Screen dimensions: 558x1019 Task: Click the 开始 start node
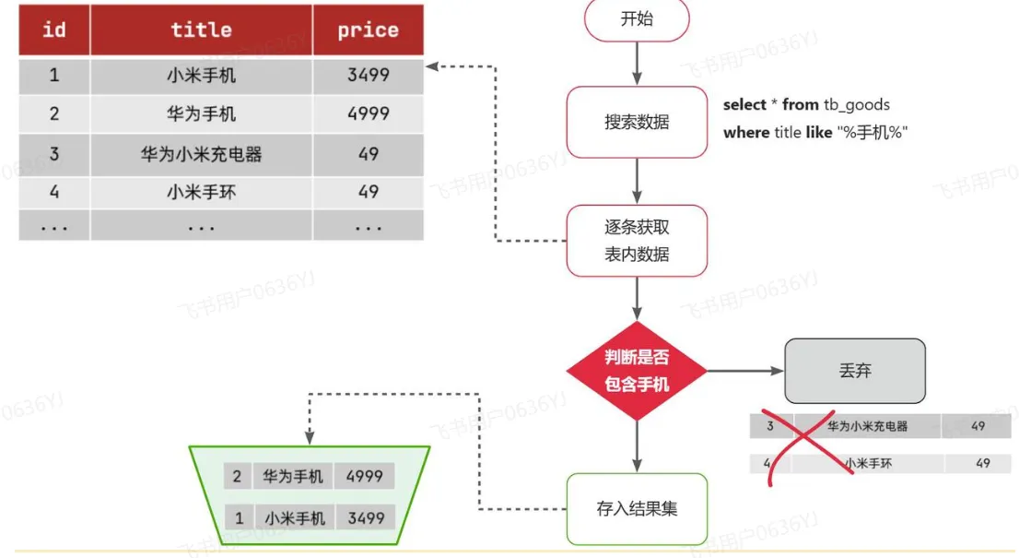[x=637, y=19]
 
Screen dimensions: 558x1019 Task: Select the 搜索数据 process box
[x=637, y=122]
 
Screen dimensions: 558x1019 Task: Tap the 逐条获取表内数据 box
[x=637, y=241]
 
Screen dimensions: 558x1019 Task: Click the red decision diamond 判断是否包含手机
[x=637, y=372]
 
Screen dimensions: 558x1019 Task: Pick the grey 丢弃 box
[x=855, y=371]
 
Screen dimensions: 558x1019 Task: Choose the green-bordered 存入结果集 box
[x=637, y=508]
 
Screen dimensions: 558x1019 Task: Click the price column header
[x=368, y=30]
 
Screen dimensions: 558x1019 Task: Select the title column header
[x=201, y=30]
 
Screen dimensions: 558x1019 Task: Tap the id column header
[x=54, y=30]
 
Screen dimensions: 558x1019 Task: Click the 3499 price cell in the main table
[x=368, y=76]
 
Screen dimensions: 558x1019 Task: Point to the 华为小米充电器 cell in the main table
[x=201, y=154]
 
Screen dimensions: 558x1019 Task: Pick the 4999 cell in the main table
[x=368, y=114]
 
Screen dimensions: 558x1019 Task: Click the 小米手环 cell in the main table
[x=201, y=193]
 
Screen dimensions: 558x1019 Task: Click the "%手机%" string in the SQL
[x=872, y=133]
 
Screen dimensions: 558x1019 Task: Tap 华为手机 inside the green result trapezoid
[x=293, y=477]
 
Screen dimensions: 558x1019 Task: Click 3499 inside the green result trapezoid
[x=366, y=518]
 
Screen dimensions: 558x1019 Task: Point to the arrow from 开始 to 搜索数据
[x=637, y=64]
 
